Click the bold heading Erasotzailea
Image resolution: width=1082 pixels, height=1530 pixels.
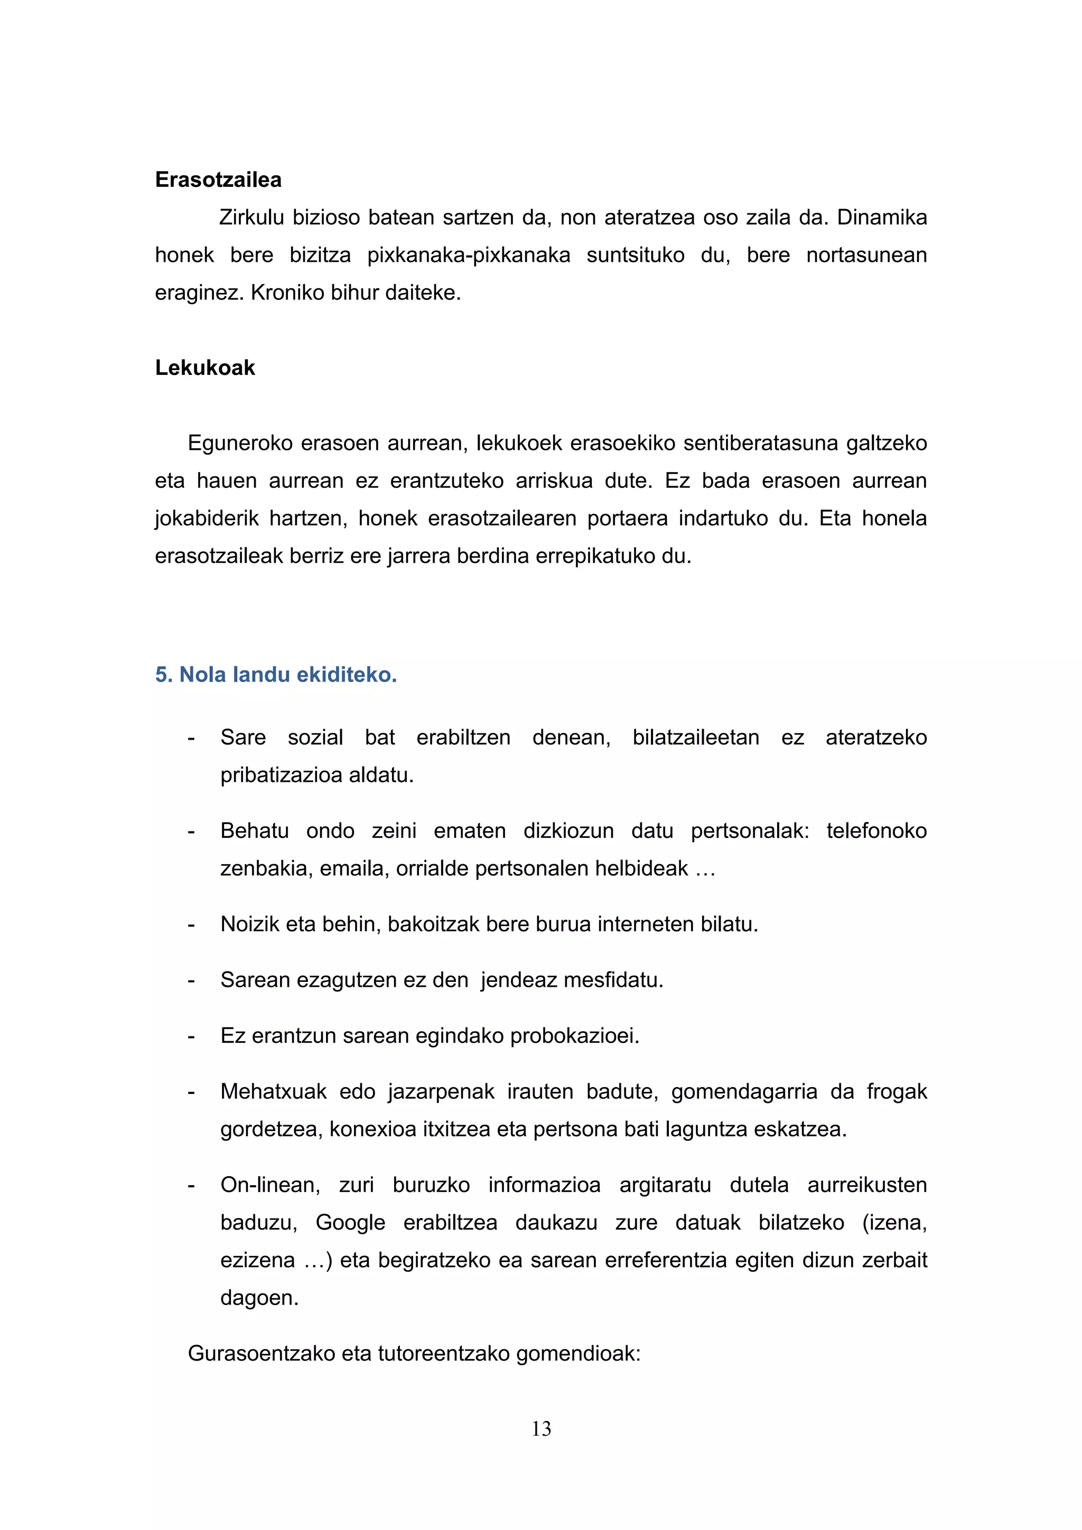pos(218,180)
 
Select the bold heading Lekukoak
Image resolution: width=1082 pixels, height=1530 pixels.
pos(204,368)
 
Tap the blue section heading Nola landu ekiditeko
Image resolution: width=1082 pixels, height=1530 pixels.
pos(276,675)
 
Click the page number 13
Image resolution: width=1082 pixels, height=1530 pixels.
pos(542,1429)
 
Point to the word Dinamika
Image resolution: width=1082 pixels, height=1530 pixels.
pos(881,218)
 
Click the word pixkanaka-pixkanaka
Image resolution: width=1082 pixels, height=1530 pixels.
pos(468,255)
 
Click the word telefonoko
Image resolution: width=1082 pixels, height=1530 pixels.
pos(876,831)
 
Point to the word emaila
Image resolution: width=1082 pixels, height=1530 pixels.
pos(354,869)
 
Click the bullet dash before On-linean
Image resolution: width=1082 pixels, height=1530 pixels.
pos(191,1185)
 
